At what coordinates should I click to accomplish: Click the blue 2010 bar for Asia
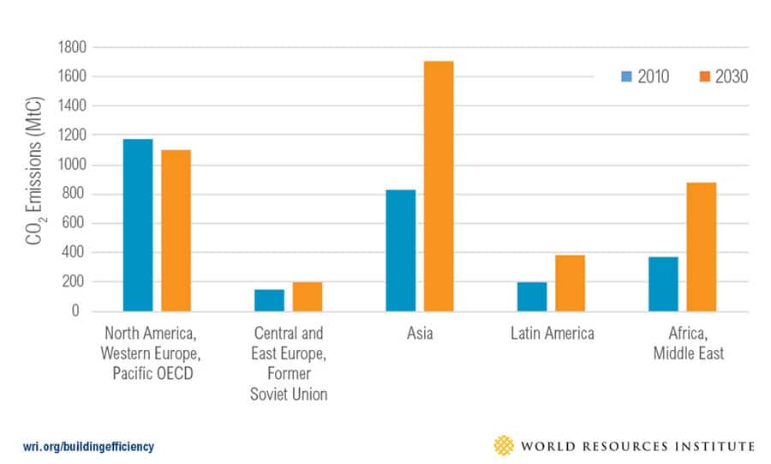pyautogui.click(x=400, y=250)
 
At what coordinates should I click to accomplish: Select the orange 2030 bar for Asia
pyautogui.click(x=439, y=186)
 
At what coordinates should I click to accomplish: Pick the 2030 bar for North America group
pyautogui.click(x=176, y=231)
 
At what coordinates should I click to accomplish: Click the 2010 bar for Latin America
pyautogui.click(x=531, y=297)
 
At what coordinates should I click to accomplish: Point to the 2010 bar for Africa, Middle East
pyautogui.click(x=662, y=284)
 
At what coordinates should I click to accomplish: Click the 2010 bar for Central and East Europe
pyautogui.click(x=269, y=300)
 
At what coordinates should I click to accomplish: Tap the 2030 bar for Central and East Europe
pyautogui.click(x=308, y=297)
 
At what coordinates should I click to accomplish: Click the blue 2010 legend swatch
pyautogui.click(x=627, y=77)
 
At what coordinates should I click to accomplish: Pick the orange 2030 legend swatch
pyautogui.click(x=705, y=77)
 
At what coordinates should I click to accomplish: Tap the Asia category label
pyautogui.click(x=419, y=334)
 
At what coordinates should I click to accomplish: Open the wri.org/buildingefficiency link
pyautogui.click(x=89, y=446)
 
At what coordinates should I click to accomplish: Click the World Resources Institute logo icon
pyautogui.click(x=504, y=445)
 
